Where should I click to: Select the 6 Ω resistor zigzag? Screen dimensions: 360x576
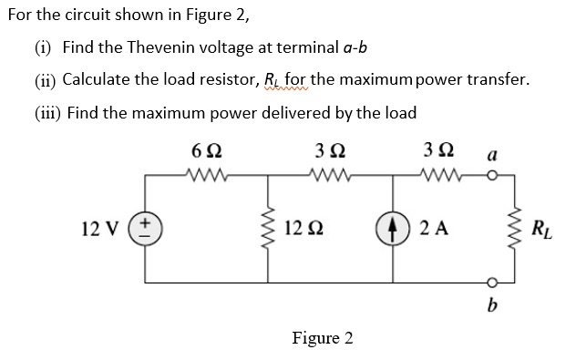click(201, 171)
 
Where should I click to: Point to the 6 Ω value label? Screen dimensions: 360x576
click(201, 149)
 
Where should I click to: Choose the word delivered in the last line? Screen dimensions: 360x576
click(309, 113)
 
